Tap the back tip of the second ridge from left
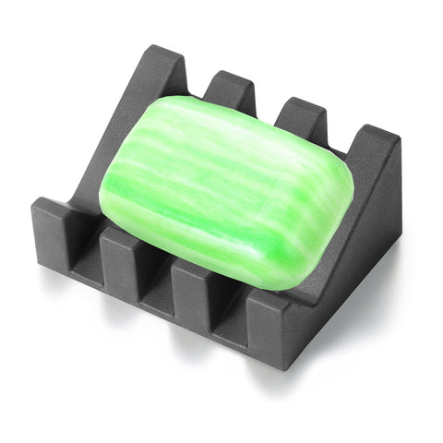point(227,83)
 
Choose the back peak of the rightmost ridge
point(374,138)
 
